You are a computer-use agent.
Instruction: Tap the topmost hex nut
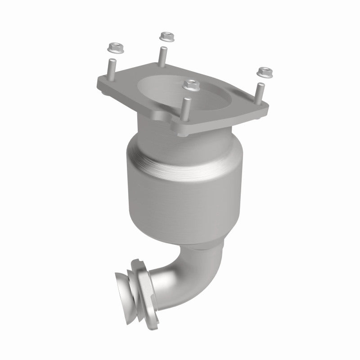click(x=167, y=35)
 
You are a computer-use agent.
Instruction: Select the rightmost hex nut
click(x=262, y=71)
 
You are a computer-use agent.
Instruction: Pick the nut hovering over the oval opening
click(x=192, y=84)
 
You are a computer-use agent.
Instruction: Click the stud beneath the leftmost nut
click(x=110, y=70)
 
